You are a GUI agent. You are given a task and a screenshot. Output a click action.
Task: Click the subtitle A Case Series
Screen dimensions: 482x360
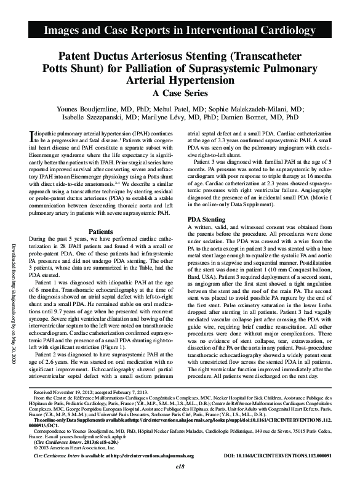tap(180, 93)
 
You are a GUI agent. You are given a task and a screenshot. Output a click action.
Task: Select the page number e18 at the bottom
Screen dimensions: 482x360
tap(180, 467)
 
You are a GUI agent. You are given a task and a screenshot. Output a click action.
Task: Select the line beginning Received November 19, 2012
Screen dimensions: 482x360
tap(92, 391)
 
